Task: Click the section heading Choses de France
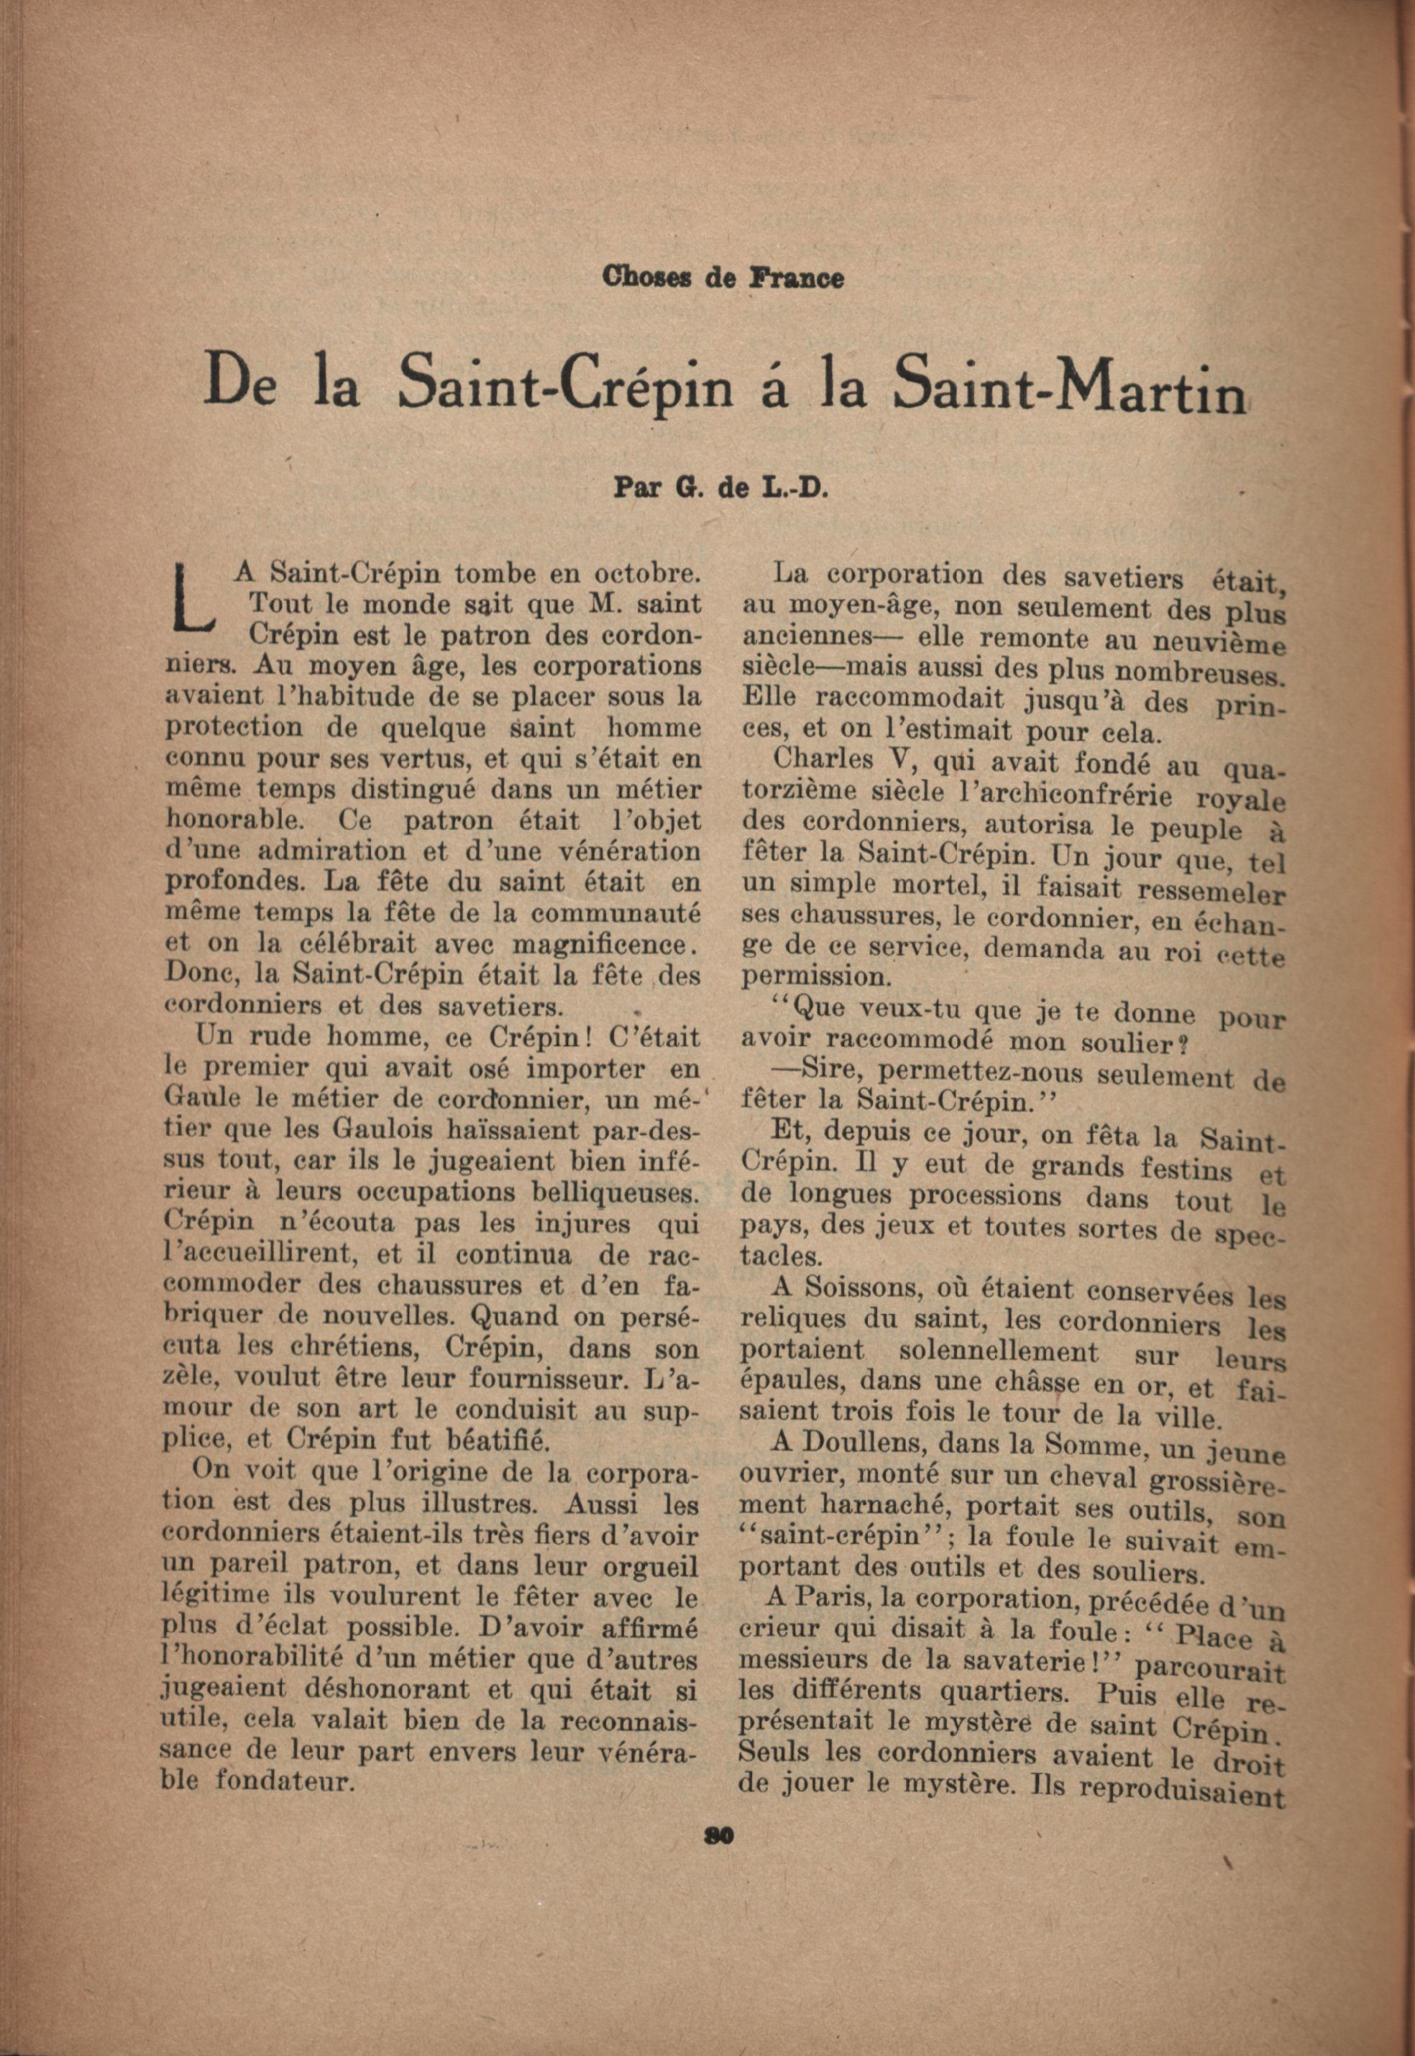tap(723, 278)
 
